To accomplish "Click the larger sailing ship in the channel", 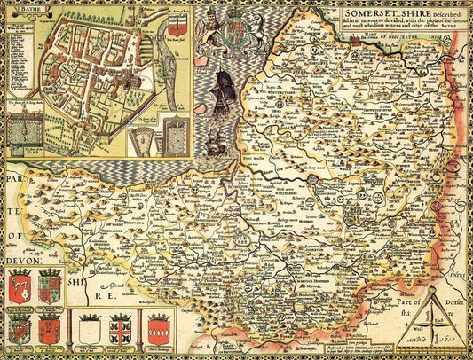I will pos(223,89).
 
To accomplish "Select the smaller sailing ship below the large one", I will pos(216,140).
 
